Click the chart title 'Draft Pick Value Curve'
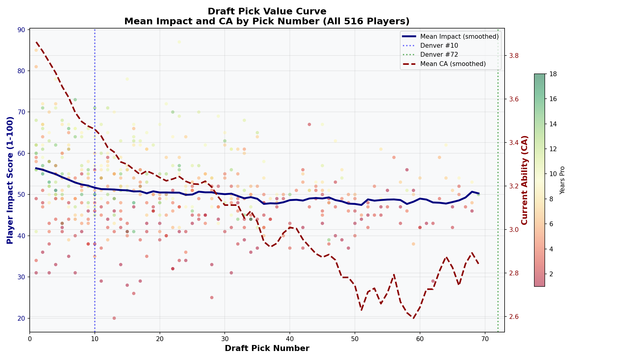click(267, 11)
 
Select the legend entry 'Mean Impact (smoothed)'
click(459, 37)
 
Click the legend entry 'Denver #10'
click(439, 46)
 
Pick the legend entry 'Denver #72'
click(439, 55)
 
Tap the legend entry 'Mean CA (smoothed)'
click(453, 64)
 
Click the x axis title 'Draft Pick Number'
click(267, 348)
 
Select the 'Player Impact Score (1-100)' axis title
click(10, 180)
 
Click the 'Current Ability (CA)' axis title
click(524, 180)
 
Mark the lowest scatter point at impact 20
click(114, 318)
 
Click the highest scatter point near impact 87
click(179, 42)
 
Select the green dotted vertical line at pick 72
click(498, 180)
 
